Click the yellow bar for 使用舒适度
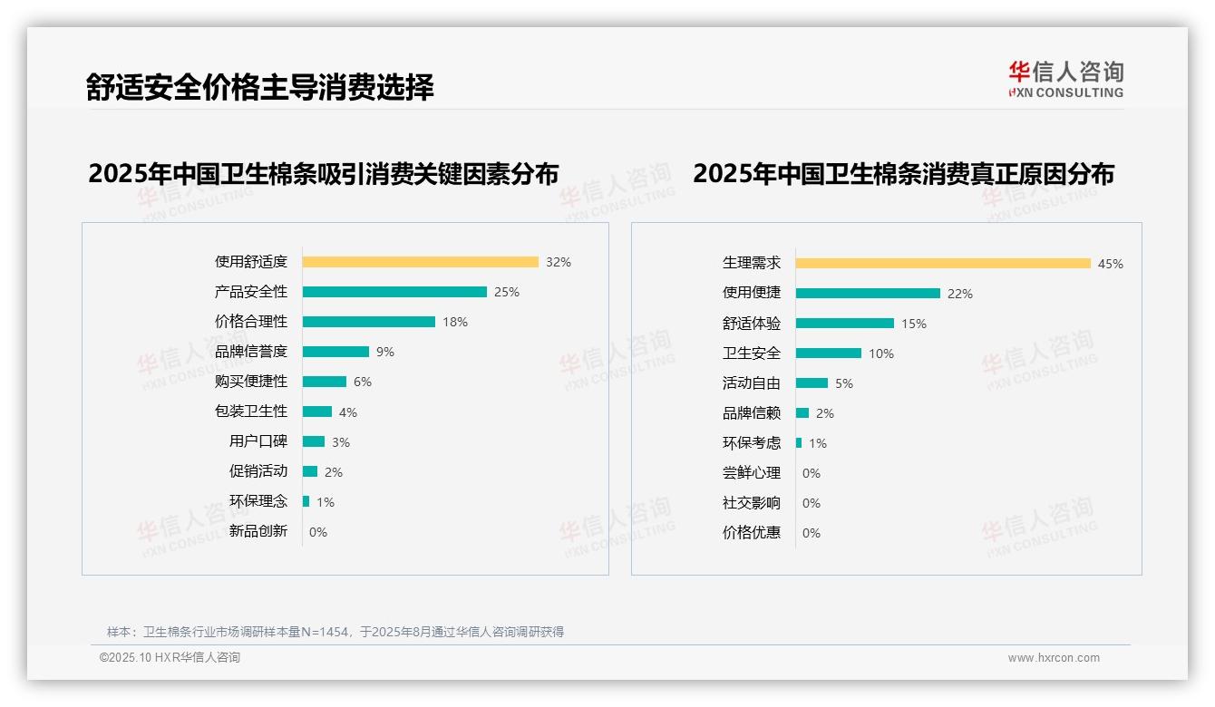[420, 262]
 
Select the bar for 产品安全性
[394, 292]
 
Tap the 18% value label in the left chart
[455, 322]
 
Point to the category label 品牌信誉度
[251, 352]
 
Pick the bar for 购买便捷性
[325, 382]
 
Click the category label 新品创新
[258, 531]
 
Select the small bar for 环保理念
[306, 501]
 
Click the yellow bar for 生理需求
[943, 263]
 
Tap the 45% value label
[1111, 264]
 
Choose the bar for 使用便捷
[868, 293]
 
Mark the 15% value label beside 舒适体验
[914, 324]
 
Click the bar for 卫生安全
[829, 353]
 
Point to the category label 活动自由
[752, 383]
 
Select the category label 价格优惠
[752, 532]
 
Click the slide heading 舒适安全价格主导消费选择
[260, 87]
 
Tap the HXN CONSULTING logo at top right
[1065, 80]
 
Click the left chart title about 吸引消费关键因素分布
[324, 173]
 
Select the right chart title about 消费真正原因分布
[904, 173]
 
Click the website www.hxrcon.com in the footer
[1054, 658]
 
